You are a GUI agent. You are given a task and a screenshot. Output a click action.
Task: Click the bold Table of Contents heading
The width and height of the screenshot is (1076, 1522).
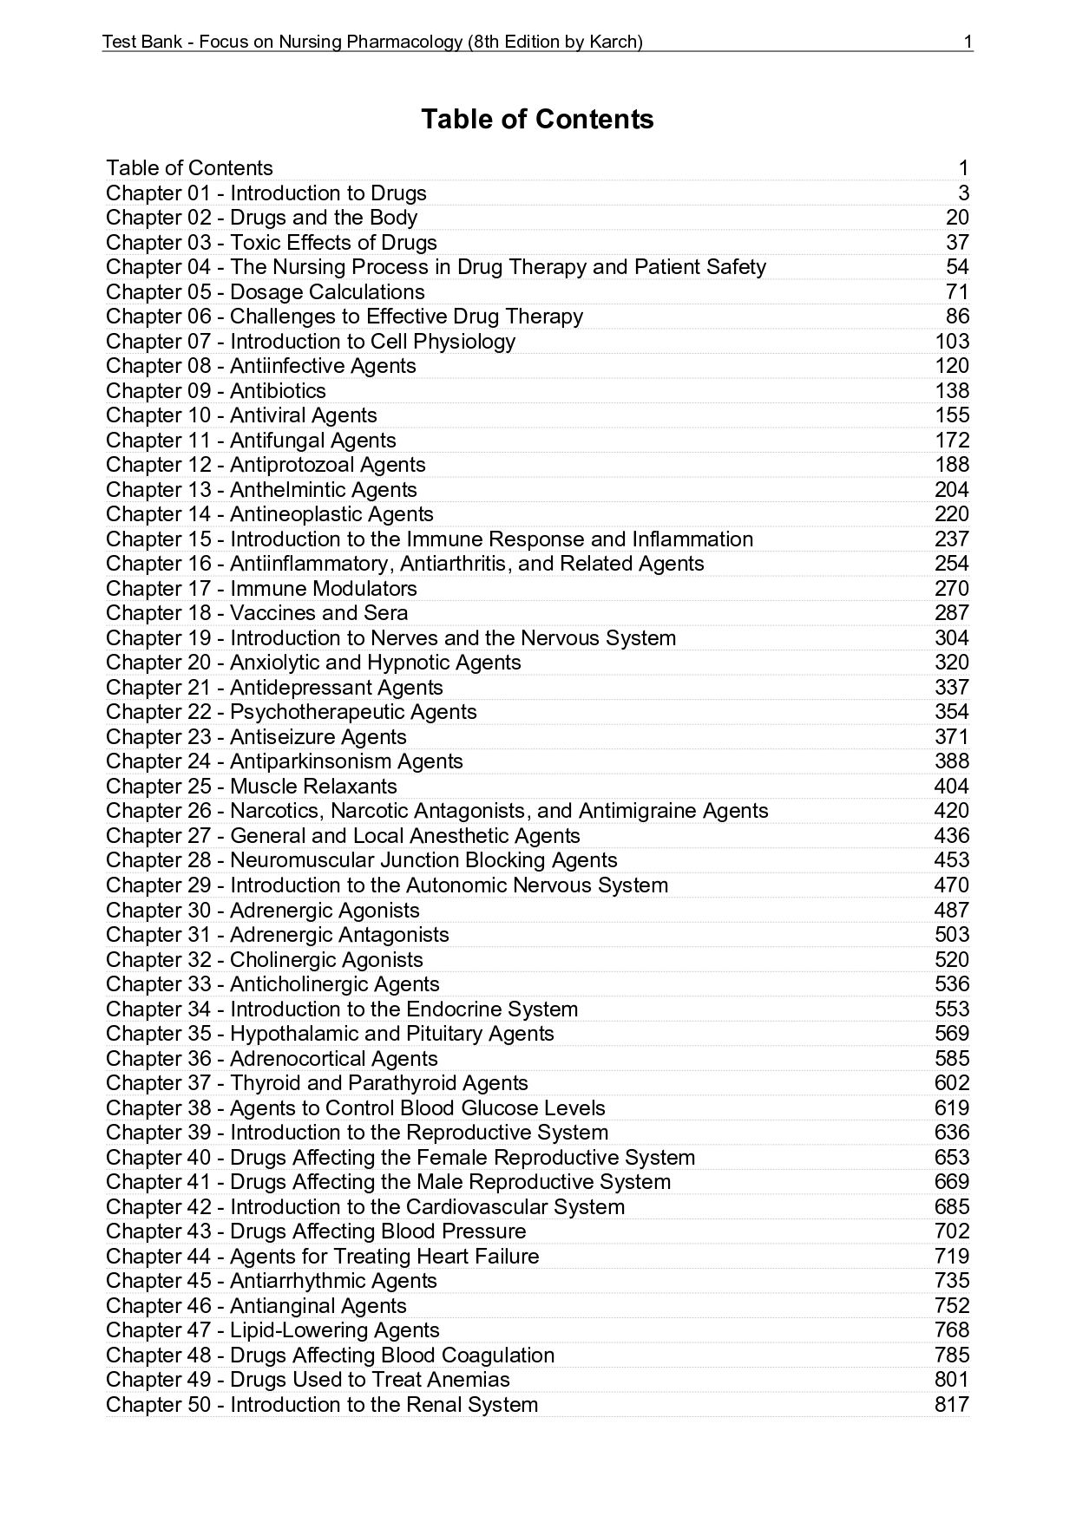(x=537, y=119)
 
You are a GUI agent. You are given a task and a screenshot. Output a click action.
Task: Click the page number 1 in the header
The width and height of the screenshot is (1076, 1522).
(x=968, y=42)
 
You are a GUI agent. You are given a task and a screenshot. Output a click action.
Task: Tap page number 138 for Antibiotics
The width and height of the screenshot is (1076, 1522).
(x=952, y=391)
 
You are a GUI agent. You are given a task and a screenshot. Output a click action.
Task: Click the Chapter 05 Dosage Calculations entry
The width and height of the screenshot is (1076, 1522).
(x=266, y=292)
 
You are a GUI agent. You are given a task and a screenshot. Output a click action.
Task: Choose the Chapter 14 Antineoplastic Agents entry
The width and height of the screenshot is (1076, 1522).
(x=270, y=514)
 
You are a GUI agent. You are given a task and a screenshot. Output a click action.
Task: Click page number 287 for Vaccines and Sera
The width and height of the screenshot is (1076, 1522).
(x=952, y=613)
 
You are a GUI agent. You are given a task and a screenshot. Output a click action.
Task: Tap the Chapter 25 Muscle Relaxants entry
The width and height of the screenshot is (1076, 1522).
(x=252, y=787)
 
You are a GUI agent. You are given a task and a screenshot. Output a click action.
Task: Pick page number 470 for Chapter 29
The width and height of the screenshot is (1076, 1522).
(x=952, y=885)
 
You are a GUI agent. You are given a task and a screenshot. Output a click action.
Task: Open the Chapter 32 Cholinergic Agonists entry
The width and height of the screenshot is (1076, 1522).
(x=265, y=960)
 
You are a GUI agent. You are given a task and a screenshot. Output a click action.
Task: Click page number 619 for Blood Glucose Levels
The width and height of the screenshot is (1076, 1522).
(x=952, y=1108)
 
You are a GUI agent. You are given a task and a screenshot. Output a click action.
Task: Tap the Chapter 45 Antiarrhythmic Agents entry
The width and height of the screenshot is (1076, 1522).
(x=272, y=1281)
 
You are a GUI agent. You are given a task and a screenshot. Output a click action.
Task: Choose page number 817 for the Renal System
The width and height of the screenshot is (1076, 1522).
(x=952, y=1405)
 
